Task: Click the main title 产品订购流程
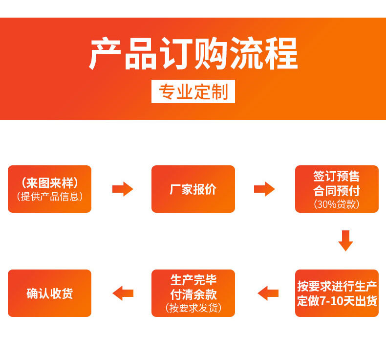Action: point(193,54)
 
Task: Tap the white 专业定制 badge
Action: point(193,91)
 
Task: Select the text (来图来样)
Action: point(49,183)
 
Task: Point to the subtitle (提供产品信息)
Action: point(49,196)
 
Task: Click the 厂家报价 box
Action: point(193,189)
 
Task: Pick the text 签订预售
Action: point(337,176)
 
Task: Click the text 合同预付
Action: point(337,190)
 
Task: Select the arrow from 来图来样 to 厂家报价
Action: point(123,189)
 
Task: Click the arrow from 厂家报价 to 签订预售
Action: point(264,189)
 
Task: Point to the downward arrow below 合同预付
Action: point(345,240)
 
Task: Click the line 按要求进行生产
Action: point(337,286)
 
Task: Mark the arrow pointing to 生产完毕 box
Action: point(268,293)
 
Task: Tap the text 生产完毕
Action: point(193,280)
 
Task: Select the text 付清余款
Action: point(193,294)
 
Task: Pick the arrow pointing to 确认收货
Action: point(123,293)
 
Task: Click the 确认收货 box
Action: point(49,293)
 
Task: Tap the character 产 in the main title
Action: point(105,54)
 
